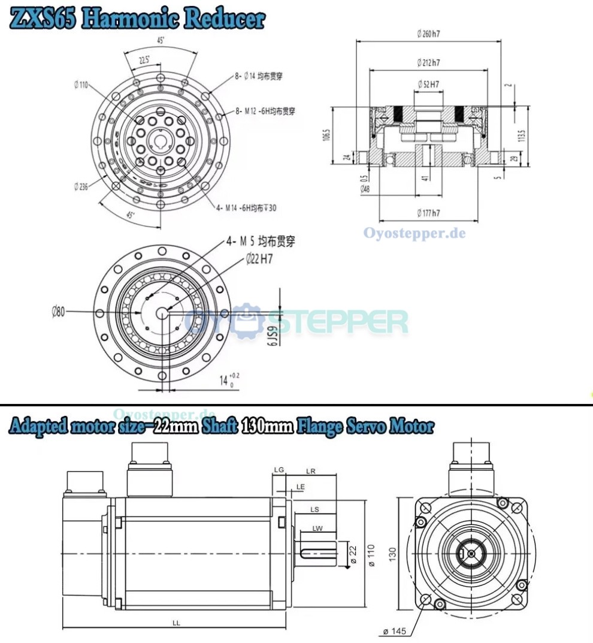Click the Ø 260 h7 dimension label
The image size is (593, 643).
(x=428, y=34)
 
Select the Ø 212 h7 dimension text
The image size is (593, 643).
(x=428, y=62)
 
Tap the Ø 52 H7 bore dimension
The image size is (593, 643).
(x=428, y=84)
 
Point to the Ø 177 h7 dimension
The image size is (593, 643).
(x=428, y=213)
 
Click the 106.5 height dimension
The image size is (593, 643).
(x=326, y=136)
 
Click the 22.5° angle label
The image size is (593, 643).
(x=144, y=61)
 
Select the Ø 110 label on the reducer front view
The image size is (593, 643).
(x=81, y=85)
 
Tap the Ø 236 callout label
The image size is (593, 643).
(x=80, y=186)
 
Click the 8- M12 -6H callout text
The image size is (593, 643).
(x=265, y=111)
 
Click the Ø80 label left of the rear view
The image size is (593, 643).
(x=58, y=312)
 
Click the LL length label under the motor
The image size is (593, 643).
(x=176, y=623)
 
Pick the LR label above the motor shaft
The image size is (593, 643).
(x=311, y=471)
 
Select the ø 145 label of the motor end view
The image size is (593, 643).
(x=394, y=631)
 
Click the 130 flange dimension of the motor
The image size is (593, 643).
(x=393, y=554)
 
